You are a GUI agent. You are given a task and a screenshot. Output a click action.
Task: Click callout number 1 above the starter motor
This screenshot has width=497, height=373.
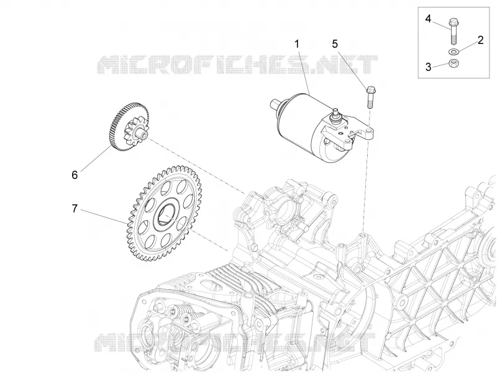tap(297, 44)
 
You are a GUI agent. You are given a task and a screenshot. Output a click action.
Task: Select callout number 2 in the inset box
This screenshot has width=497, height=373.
tap(480, 40)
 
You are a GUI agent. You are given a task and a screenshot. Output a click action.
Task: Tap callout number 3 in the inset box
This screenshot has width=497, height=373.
tap(428, 67)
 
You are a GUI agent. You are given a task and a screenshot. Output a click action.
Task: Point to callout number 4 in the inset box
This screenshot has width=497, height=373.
tap(428, 19)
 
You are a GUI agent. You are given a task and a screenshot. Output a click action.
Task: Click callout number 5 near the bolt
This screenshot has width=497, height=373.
tap(335, 44)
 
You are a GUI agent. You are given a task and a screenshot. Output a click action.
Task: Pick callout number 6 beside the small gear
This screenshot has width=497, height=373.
tap(75, 175)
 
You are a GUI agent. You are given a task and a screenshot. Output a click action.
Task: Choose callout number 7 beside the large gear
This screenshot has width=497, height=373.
tap(75, 209)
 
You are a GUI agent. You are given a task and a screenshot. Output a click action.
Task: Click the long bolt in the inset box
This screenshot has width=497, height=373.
tap(453, 31)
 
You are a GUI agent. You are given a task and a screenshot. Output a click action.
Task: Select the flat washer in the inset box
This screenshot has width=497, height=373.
tap(454, 52)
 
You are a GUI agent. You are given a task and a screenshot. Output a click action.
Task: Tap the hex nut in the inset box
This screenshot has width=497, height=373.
tap(454, 63)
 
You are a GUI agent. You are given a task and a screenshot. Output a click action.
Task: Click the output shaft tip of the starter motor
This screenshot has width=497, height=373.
tap(274, 103)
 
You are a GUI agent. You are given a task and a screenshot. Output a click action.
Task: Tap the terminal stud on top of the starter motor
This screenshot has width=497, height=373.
tap(335, 114)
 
